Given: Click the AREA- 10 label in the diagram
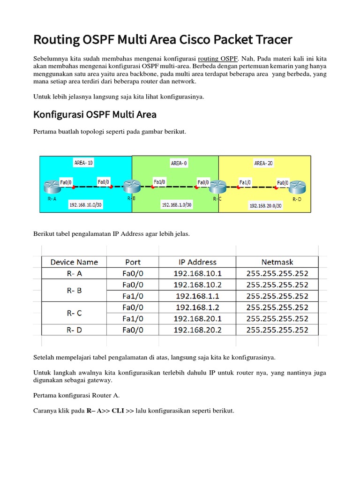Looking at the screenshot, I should click(x=83, y=163).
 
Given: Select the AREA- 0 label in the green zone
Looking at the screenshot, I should click(x=179, y=163).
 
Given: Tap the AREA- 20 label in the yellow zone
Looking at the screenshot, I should click(x=263, y=163).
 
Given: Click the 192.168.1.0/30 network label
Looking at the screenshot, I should click(x=176, y=205).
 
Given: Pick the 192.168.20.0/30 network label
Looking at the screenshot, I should click(x=265, y=205).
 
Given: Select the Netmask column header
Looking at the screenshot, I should click(x=277, y=262).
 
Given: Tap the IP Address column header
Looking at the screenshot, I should click(x=197, y=262).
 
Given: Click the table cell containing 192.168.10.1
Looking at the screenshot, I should click(x=197, y=273).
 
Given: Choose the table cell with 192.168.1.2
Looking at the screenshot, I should click(x=197, y=307).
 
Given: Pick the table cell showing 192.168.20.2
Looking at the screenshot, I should click(x=197, y=330).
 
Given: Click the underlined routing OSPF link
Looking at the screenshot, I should click(x=218, y=59).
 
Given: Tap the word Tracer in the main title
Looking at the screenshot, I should click(x=271, y=40).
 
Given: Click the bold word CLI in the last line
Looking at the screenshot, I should click(x=118, y=411).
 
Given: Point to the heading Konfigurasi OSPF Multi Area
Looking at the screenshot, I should click(x=95, y=114).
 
